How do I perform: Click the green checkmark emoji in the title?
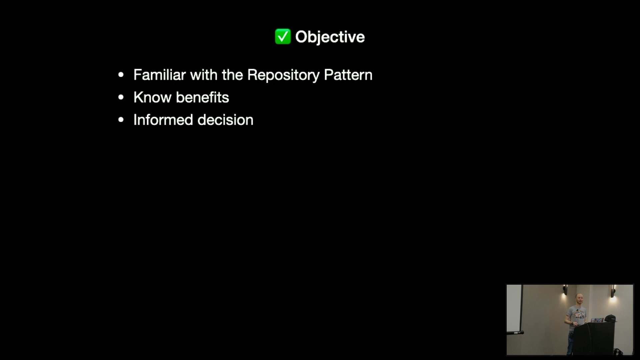click(x=283, y=36)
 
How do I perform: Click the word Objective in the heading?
click(x=330, y=37)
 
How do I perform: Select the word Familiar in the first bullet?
click(x=160, y=75)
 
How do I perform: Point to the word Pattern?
click(x=348, y=75)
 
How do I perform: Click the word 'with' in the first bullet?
click(x=204, y=75)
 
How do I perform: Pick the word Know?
click(x=152, y=97)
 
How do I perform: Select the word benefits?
click(x=202, y=97)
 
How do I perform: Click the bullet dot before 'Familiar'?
click(x=121, y=75)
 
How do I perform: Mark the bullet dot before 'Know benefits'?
click(x=121, y=97)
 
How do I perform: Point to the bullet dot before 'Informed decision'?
click(x=121, y=120)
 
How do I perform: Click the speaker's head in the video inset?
click(x=578, y=299)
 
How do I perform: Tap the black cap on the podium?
click(x=610, y=318)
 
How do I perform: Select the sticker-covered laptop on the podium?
click(x=597, y=320)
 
